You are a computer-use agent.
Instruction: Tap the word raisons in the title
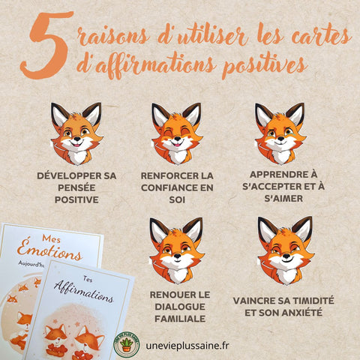[113, 36]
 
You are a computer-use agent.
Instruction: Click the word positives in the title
[264, 66]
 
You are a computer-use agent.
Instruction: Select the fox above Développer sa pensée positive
[76, 133]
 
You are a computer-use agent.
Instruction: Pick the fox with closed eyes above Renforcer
[177, 133]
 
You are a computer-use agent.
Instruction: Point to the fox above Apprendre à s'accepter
[280, 133]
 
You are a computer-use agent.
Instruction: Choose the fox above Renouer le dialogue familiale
[177, 250]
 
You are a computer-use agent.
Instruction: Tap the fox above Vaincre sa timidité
[286, 250]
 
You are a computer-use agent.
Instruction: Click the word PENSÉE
[76, 187]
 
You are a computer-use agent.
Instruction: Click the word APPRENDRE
[277, 175]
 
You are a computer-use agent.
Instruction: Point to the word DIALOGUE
[180, 307]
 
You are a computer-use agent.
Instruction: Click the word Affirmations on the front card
[84, 292]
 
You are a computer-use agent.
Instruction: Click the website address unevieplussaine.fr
[187, 346]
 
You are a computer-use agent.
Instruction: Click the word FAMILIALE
[180, 319]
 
